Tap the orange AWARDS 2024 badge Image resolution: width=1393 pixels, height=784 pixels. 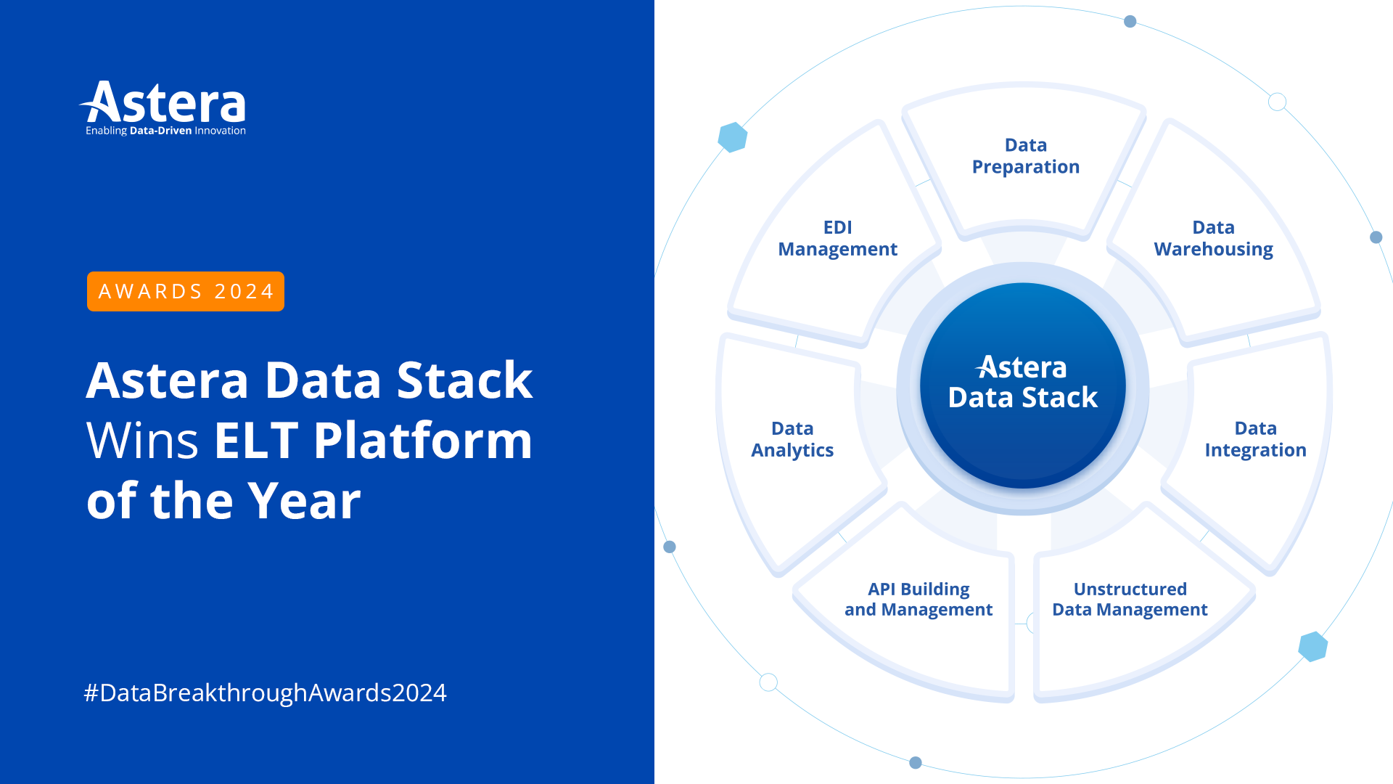pyautogui.click(x=186, y=291)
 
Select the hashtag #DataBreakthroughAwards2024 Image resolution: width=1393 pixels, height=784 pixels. pyautogui.click(x=265, y=693)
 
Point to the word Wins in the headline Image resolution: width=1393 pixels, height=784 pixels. pyautogui.click(x=142, y=441)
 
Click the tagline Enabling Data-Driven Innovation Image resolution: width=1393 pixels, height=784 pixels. pyautogui.click(x=165, y=131)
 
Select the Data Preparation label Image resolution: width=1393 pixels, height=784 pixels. pyautogui.click(x=1025, y=156)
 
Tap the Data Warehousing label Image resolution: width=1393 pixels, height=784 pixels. pyautogui.click(x=1213, y=238)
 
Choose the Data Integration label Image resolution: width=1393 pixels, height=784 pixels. pyautogui.click(x=1255, y=439)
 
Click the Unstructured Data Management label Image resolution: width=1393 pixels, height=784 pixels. pyautogui.click(x=1130, y=599)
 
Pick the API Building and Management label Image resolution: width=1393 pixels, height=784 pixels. pyautogui.click(x=919, y=599)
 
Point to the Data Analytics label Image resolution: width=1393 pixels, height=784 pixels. pyautogui.click(x=792, y=439)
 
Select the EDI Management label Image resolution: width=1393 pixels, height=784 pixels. pyautogui.click(x=837, y=238)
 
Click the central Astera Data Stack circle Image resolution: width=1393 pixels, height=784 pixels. pyautogui.click(x=1022, y=385)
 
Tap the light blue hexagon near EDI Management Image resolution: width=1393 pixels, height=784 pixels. pyautogui.click(x=733, y=137)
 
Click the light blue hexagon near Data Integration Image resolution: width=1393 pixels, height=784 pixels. pyautogui.click(x=1312, y=646)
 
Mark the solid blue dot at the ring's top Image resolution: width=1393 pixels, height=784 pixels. pyautogui.click(x=1130, y=22)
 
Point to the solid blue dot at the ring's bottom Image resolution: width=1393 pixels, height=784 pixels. pyautogui.click(x=916, y=762)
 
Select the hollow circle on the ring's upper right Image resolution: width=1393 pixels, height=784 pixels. pyautogui.click(x=1277, y=102)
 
